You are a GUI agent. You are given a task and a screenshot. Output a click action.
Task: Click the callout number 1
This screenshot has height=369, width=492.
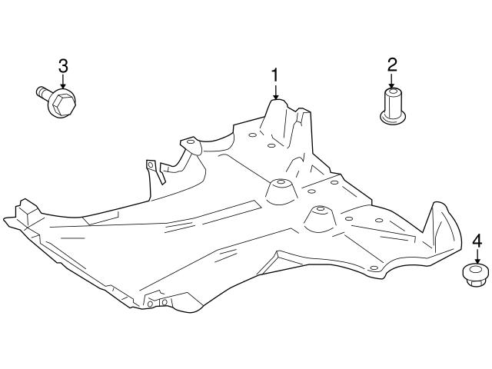tap(275, 75)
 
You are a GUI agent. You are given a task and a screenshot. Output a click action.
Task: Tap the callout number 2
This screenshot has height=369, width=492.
tap(392, 65)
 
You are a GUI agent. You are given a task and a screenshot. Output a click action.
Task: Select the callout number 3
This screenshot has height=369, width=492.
tap(63, 66)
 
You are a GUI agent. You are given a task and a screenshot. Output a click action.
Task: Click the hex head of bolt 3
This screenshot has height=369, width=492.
tap(64, 102)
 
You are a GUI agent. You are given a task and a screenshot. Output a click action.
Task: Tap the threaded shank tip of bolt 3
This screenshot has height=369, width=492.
tap(39, 91)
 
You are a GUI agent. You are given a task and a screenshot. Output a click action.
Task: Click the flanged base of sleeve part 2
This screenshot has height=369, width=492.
tap(393, 118)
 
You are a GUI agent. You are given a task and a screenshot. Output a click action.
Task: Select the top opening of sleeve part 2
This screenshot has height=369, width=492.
tap(392, 92)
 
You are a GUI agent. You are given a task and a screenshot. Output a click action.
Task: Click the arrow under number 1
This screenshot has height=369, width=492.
tap(275, 91)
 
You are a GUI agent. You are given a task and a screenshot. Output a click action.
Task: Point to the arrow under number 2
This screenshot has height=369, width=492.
tap(391, 81)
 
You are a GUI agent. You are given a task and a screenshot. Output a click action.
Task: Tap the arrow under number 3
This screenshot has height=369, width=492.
tap(63, 81)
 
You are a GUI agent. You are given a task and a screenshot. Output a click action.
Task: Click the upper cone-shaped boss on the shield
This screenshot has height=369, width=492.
tap(281, 191)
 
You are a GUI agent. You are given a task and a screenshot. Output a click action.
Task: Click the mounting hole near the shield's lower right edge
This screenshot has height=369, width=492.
tap(374, 268)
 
